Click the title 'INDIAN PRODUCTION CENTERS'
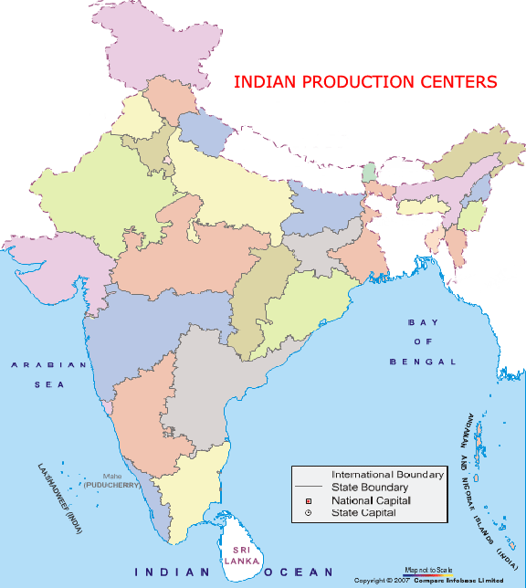click(x=365, y=81)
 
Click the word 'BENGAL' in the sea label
click(x=422, y=362)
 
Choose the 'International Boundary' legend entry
click(x=388, y=475)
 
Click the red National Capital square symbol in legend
click(x=309, y=501)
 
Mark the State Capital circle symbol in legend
click(x=309, y=514)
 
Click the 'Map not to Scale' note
click(x=428, y=570)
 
